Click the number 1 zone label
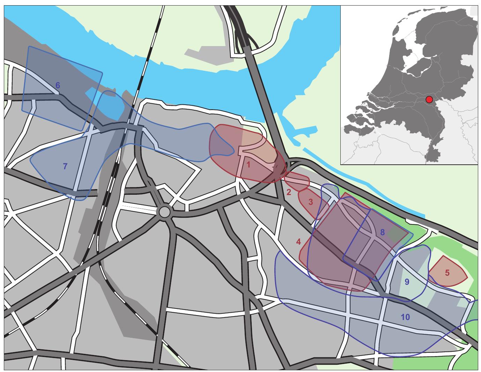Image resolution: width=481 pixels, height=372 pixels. (x=248, y=165)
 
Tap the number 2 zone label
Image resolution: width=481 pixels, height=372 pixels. (x=289, y=192)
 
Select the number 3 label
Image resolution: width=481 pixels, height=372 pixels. (x=311, y=201)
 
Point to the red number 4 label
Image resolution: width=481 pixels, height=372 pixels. (x=298, y=241)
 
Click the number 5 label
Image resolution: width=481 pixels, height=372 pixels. (x=447, y=273)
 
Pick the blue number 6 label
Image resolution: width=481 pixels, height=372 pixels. (x=58, y=85)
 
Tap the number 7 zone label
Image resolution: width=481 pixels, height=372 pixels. (x=65, y=166)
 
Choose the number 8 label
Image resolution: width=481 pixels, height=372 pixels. (x=382, y=232)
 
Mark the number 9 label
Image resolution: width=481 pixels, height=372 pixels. (x=406, y=281)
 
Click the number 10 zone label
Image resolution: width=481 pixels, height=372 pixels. (x=405, y=317)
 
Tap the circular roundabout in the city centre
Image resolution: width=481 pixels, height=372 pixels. (x=164, y=211)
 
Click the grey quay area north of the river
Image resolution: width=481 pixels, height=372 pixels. (x=209, y=56)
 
